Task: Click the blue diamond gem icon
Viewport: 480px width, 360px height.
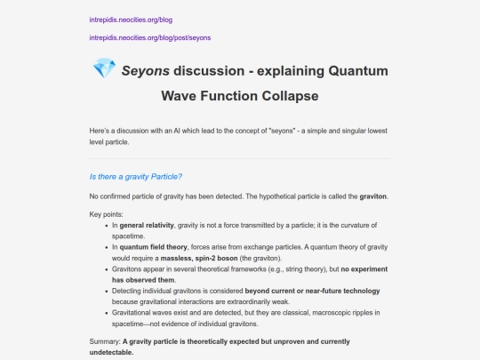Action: click(x=104, y=69)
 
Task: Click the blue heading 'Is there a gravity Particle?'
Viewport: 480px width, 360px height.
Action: click(x=136, y=176)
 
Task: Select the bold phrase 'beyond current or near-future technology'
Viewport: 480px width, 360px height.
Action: click(x=313, y=291)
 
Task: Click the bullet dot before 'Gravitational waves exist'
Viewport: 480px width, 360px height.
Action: click(x=106, y=312)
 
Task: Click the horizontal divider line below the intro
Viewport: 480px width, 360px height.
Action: click(x=240, y=158)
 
